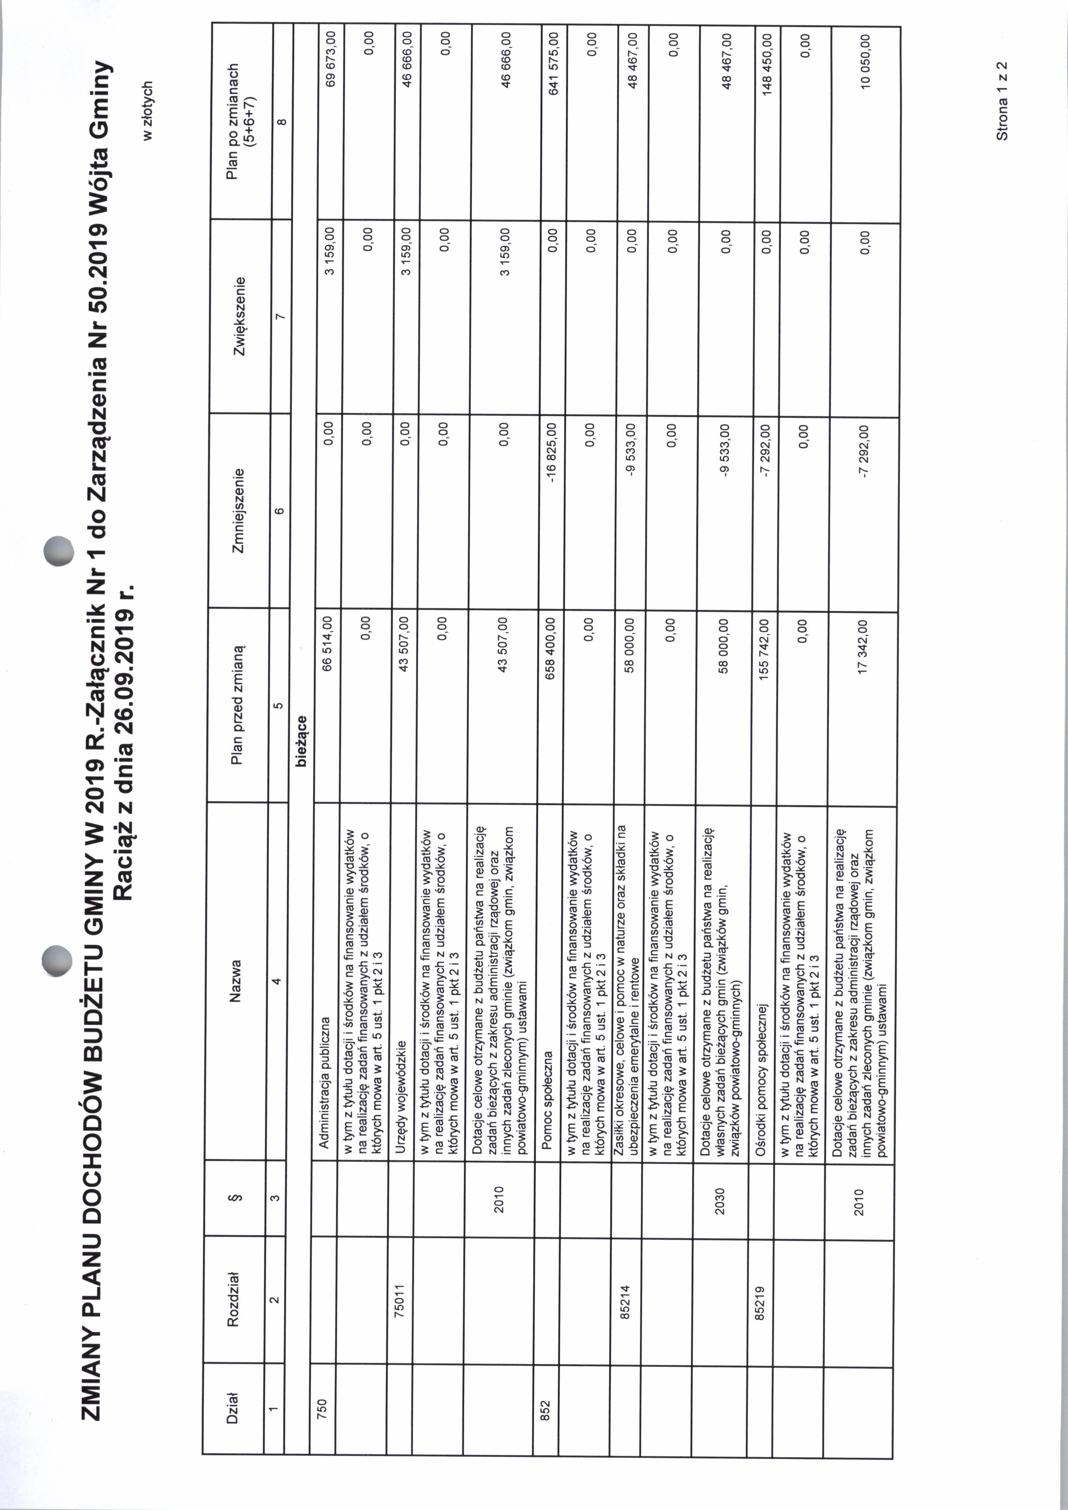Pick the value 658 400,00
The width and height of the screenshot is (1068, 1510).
(553, 648)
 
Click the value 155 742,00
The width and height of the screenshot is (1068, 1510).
(764, 650)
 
